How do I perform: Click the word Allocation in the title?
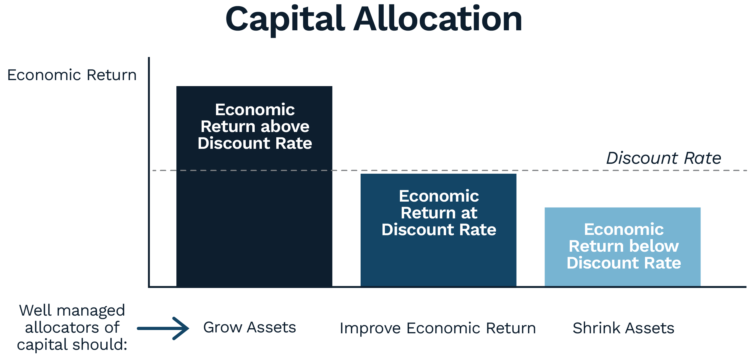tap(438, 19)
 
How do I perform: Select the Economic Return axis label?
tap(72, 75)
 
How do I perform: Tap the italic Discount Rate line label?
tap(664, 158)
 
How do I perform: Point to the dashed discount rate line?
tap(450, 170)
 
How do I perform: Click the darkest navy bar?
tap(254, 186)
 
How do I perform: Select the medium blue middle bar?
tap(438, 230)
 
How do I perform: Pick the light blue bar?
tap(622, 247)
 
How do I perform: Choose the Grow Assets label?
tap(250, 327)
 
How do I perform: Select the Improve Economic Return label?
tap(438, 328)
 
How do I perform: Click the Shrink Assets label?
tap(623, 328)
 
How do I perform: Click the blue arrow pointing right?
tap(163, 328)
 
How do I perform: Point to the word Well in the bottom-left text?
tap(35, 310)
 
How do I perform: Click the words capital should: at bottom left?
tap(72, 344)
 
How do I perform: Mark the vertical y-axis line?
tap(149, 172)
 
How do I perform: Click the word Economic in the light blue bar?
tap(624, 229)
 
